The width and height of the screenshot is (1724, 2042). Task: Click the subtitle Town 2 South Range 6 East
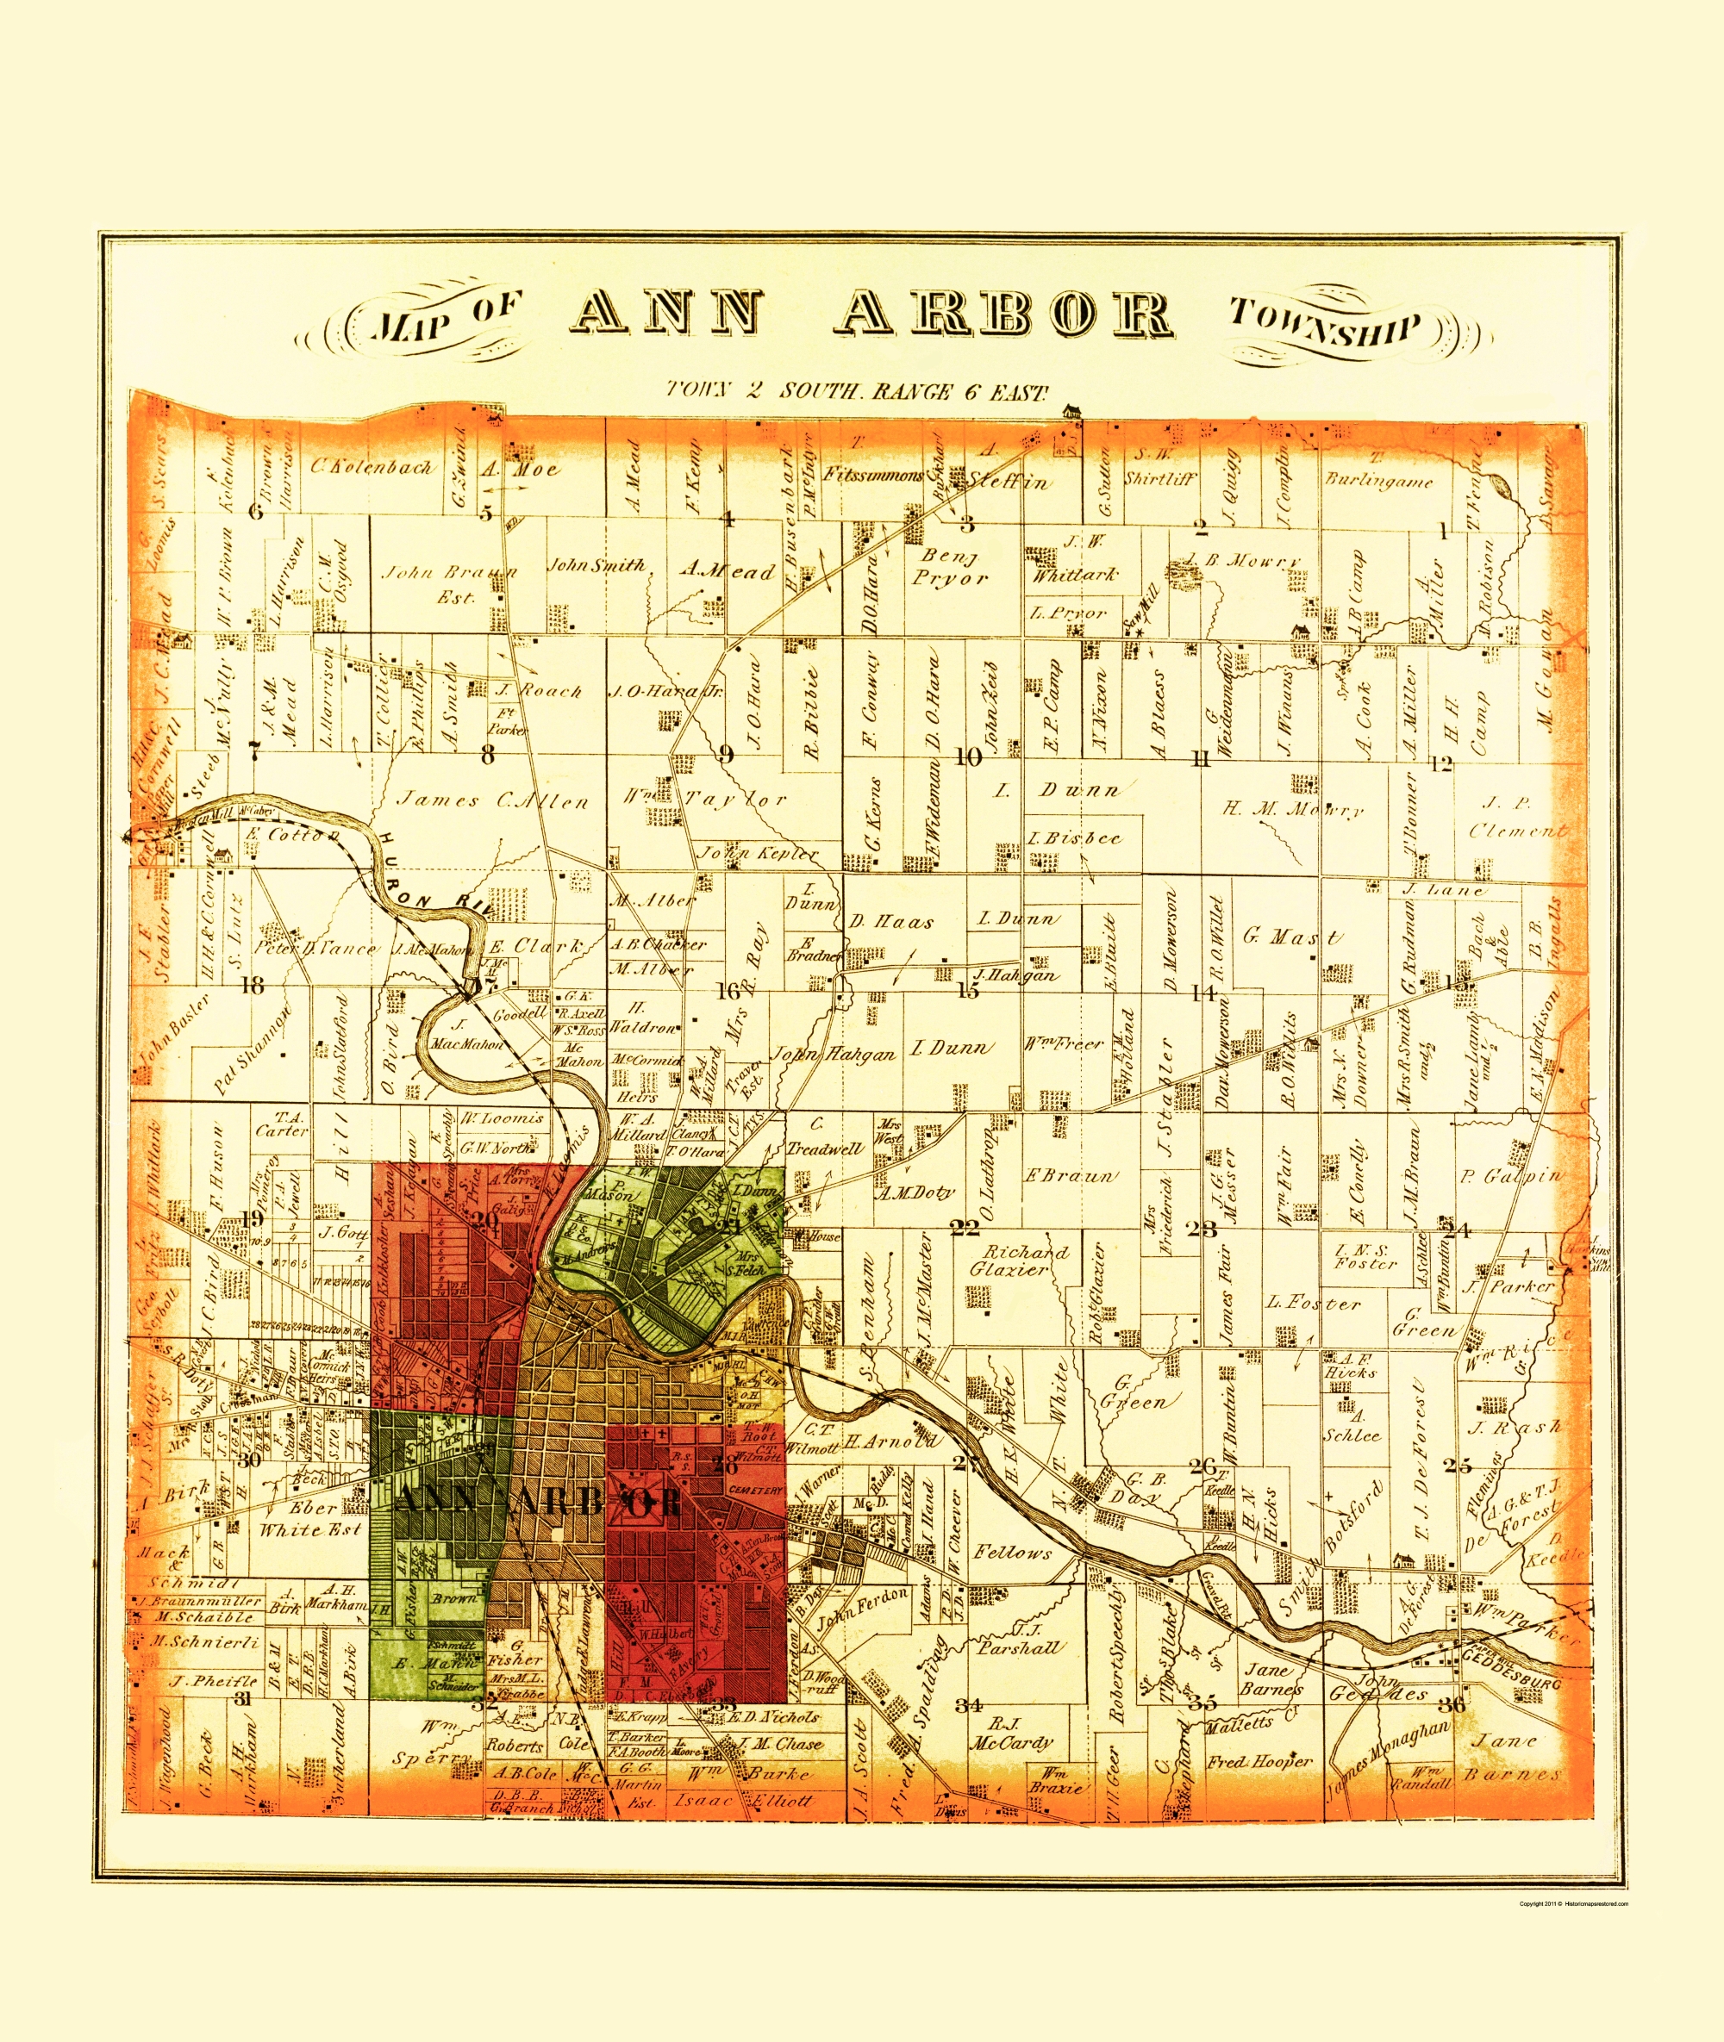[856, 392]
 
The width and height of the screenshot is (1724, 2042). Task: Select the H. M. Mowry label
[1292, 809]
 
